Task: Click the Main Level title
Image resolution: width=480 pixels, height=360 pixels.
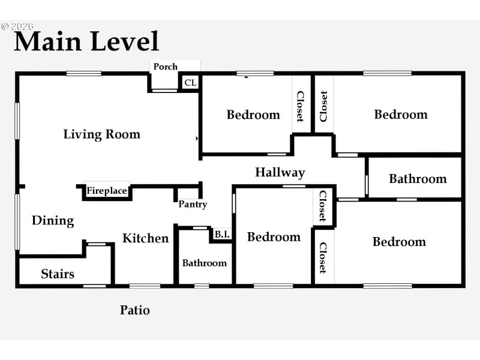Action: (x=86, y=41)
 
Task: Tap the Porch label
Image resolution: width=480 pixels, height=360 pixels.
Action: (x=165, y=67)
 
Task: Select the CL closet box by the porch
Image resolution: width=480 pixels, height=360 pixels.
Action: (x=190, y=83)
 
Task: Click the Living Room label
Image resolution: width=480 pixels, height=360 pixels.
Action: (x=102, y=134)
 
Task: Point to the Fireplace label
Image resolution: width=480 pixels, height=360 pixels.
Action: (x=107, y=191)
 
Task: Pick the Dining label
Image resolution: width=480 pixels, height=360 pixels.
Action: (x=53, y=221)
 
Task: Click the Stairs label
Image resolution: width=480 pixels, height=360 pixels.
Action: (x=58, y=274)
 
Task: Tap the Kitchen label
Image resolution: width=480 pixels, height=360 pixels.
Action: (x=146, y=238)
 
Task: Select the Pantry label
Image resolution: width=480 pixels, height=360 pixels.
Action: (x=193, y=205)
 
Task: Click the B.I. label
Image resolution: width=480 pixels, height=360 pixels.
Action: (x=222, y=235)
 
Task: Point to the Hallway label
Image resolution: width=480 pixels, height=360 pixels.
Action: (x=280, y=173)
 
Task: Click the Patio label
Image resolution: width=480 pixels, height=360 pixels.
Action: (x=135, y=310)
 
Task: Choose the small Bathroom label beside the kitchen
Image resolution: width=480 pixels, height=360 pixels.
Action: (x=205, y=263)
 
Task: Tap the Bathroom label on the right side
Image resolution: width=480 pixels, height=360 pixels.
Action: (x=418, y=179)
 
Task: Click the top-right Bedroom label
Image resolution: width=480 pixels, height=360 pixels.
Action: (x=401, y=115)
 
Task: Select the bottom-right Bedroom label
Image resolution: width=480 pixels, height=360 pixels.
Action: (x=399, y=242)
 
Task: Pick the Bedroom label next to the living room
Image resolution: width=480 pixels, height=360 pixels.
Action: (x=253, y=115)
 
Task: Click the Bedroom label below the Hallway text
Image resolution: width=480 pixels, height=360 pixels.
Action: (x=274, y=237)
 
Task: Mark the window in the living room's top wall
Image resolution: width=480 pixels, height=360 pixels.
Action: (x=84, y=74)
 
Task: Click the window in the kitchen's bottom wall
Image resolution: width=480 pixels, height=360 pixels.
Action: (x=145, y=286)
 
